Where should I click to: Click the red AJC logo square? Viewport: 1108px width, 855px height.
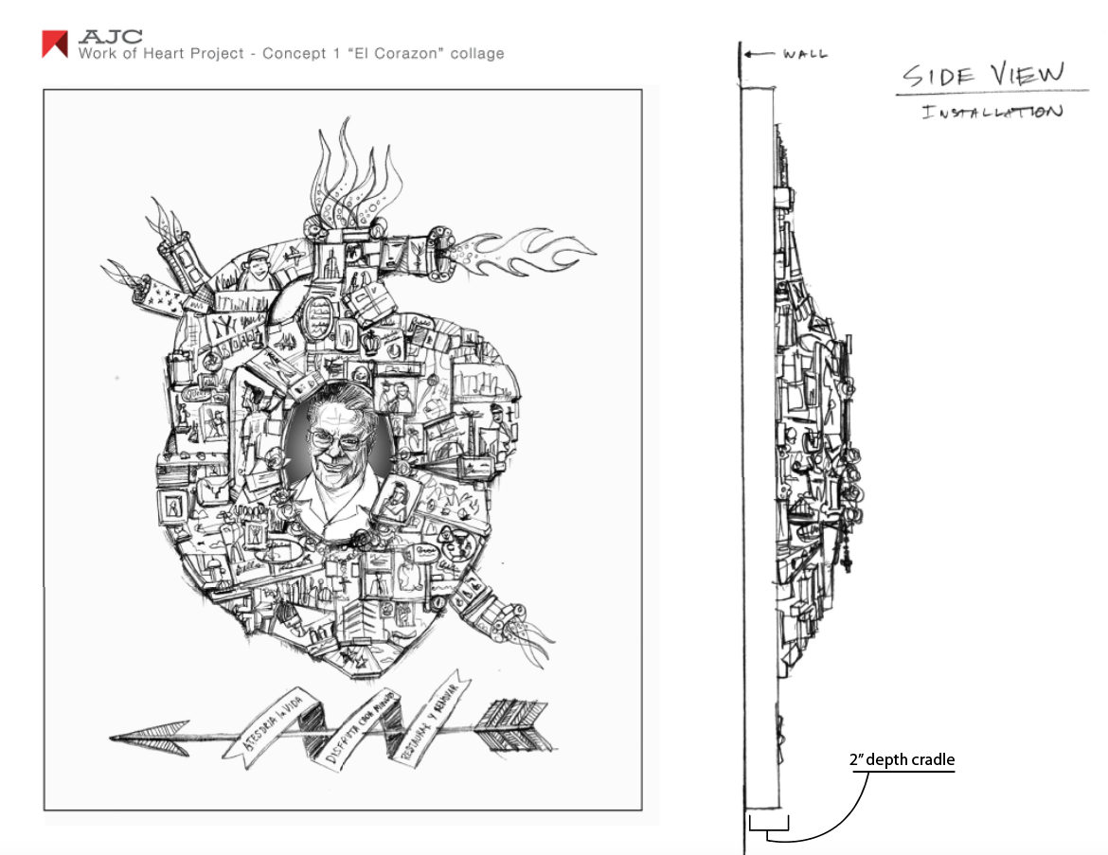pos(55,45)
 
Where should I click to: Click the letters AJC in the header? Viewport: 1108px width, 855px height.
pos(111,37)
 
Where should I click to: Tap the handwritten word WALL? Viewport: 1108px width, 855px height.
pos(805,54)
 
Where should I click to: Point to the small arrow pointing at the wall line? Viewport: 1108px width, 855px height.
pos(758,54)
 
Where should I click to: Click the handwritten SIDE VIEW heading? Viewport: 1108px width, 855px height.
pos(981,75)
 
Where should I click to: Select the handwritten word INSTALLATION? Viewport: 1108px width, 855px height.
pos(992,112)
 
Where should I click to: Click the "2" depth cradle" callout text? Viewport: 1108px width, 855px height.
pos(902,759)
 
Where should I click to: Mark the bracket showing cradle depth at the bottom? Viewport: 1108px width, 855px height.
pos(768,830)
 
